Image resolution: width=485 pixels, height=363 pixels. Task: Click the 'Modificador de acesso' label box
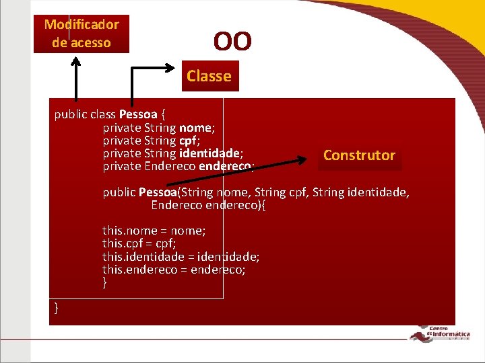81,34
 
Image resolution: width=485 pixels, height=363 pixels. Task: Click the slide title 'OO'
232,42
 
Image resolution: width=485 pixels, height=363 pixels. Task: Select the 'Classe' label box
209,76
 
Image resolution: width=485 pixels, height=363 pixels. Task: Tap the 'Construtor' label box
359,155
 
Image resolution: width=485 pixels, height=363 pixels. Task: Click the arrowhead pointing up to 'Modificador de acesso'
76,61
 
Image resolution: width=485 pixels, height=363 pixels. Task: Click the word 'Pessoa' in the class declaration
137,114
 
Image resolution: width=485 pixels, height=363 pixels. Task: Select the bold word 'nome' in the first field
195,127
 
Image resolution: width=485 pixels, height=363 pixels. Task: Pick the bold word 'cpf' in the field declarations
187,140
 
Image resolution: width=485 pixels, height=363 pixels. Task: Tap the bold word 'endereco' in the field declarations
224,166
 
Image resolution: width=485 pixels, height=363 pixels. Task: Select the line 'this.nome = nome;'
154,231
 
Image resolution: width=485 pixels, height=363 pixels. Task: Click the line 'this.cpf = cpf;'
139,243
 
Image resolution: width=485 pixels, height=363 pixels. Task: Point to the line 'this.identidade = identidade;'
181,257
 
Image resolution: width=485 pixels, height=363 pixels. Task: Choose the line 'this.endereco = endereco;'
174,270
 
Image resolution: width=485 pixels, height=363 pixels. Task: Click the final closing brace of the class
57,308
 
